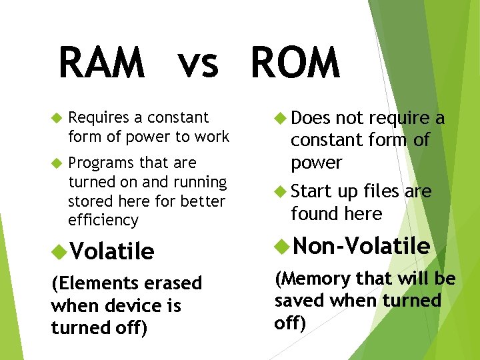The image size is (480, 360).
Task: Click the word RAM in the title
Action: pos(101,63)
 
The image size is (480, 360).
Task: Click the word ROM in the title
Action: pos(295,63)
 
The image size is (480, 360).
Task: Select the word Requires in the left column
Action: pos(99,118)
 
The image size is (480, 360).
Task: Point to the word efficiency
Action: pos(103,221)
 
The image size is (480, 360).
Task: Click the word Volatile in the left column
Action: pos(111,251)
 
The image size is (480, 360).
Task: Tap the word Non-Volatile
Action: pos(361,247)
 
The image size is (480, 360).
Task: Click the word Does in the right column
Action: pos(311,118)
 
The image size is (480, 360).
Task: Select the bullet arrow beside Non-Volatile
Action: pos(281,247)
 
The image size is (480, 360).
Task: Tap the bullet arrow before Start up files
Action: pos(281,192)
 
